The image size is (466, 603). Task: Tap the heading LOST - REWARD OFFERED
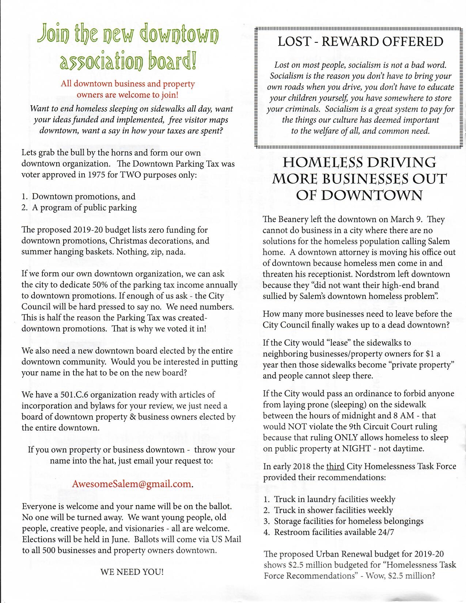click(360, 42)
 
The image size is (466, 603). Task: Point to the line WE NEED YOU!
click(132, 572)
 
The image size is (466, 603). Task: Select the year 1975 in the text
click(97, 175)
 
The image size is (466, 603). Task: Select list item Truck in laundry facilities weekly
click(334, 499)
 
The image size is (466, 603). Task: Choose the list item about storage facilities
click(348, 521)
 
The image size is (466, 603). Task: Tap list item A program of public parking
click(84, 208)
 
